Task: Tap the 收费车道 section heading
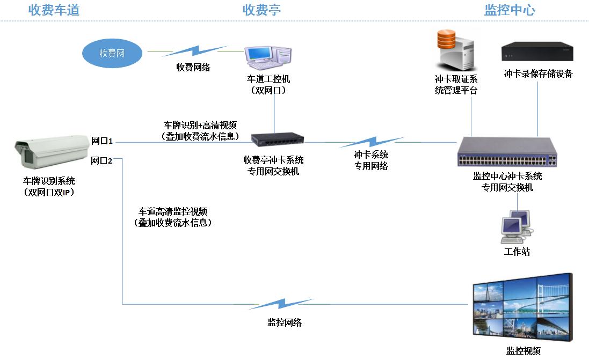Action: [54, 10]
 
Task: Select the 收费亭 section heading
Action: [261, 10]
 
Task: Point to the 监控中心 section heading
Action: [510, 10]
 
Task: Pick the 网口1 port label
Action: [101, 142]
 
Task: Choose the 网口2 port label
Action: [101, 160]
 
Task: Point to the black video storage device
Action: [537, 52]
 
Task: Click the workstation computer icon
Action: [516, 225]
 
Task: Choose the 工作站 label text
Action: [517, 252]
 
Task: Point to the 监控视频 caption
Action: [523, 351]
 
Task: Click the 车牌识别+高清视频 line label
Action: [200, 126]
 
